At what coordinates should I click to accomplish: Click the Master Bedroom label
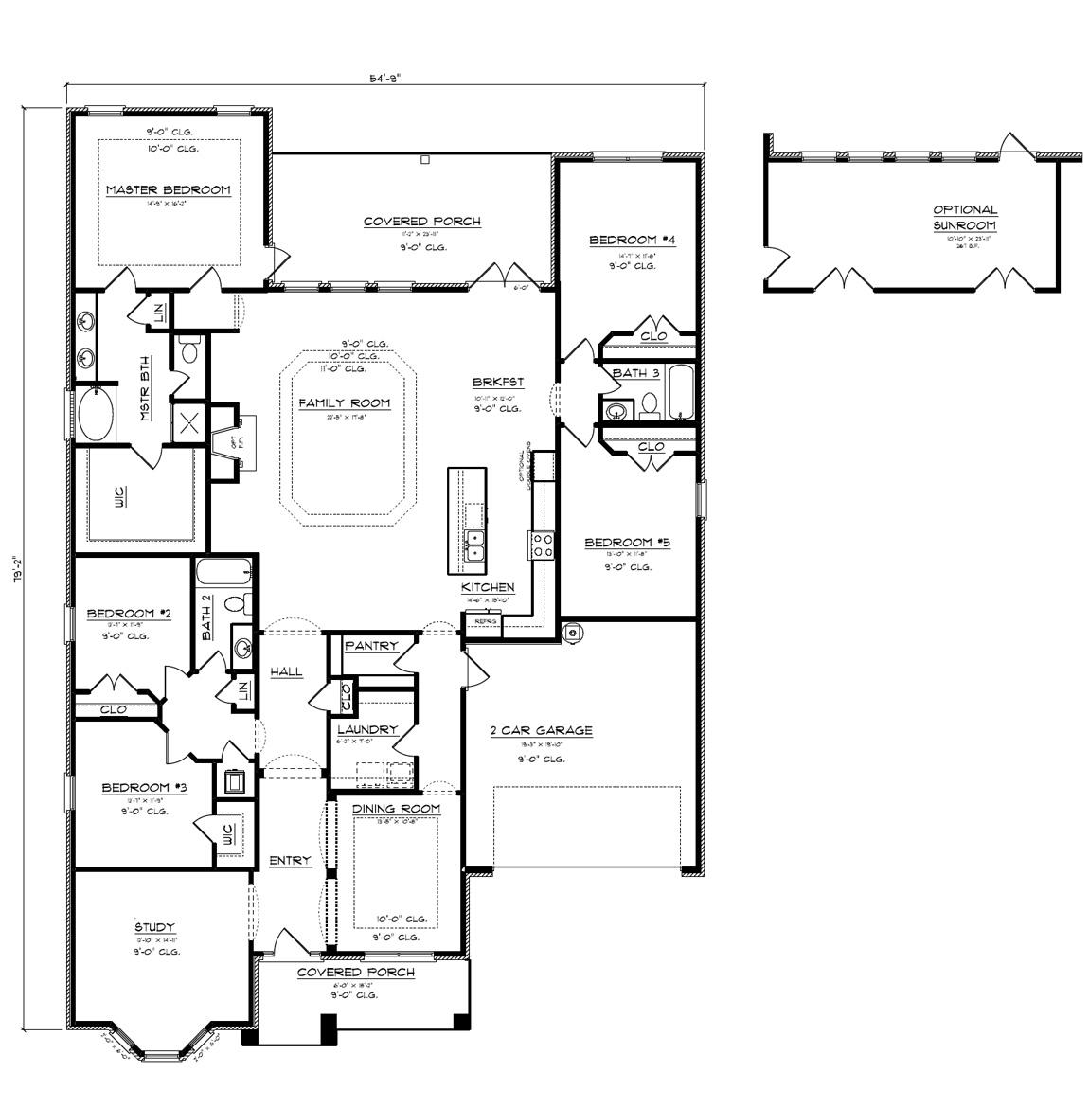pyautogui.click(x=168, y=190)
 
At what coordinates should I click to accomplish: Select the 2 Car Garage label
pyautogui.click(x=541, y=730)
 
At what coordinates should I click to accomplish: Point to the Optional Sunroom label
pyautogui.click(x=964, y=218)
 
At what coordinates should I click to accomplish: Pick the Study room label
pyautogui.click(x=154, y=927)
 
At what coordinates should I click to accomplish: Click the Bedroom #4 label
pyautogui.click(x=632, y=241)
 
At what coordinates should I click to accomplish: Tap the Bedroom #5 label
pyautogui.click(x=627, y=543)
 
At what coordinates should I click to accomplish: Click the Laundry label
pyautogui.click(x=366, y=729)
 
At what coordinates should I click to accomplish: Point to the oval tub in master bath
pyautogui.click(x=94, y=415)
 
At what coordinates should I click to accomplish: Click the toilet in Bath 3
pyautogui.click(x=650, y=405)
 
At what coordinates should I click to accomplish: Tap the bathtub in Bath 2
pyautogui.click(x=223, y=573)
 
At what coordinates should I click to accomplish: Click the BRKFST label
pyautogui.click(x=498, y=383)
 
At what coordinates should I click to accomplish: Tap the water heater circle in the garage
pyautogui.click(x=572, y=633)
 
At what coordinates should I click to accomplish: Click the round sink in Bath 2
pyautogui.click(x=243, y=649)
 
